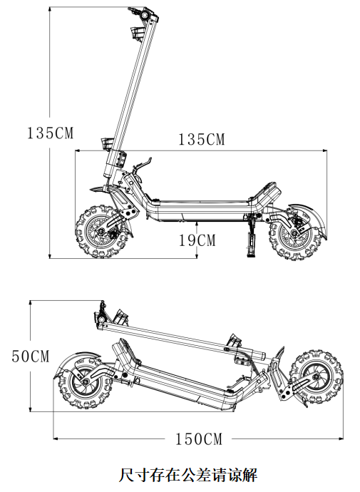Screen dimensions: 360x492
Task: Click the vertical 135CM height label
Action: tap(50, 133)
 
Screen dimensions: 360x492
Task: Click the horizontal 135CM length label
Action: tap(202, 139)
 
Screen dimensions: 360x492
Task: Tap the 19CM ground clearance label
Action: tap(197, 240)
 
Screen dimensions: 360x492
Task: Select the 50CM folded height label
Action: tap(31, 356)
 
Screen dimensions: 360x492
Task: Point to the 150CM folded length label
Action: tap(198, 439)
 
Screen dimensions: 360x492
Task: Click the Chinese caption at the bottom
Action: tap(187, 475)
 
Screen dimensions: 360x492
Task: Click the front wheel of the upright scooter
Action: tap(102, 232)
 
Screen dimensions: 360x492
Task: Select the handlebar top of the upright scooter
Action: tap(143, 14)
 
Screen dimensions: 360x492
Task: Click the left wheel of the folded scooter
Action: tap(85, 384)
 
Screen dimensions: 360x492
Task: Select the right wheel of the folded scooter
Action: tap(316, 376)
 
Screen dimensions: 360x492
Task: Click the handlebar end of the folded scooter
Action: tap(101, 314)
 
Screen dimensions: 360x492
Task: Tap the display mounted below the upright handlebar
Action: tap(137, 33)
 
